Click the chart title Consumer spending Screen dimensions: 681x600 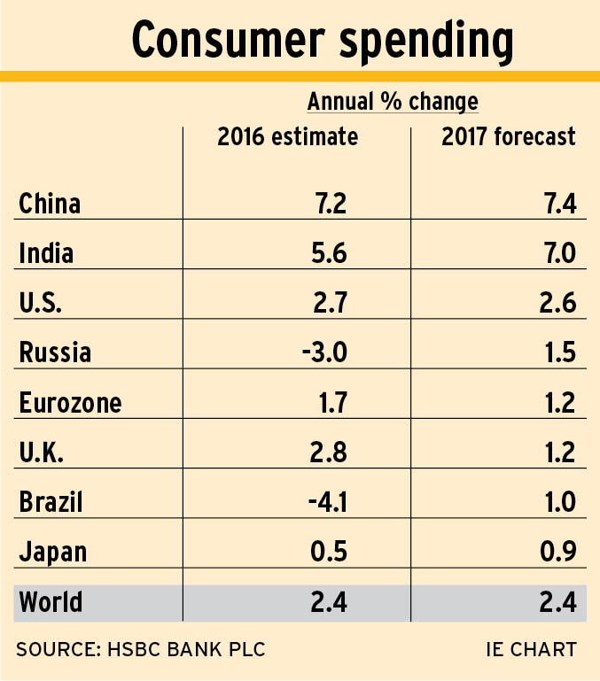(322, 40)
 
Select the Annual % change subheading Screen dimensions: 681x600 (393, 102)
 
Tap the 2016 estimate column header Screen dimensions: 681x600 (288, 137)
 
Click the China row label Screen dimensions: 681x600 (50, 205)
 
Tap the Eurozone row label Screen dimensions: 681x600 (70, 404)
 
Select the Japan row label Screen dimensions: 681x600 (52, 553)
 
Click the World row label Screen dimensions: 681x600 (51, 603)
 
